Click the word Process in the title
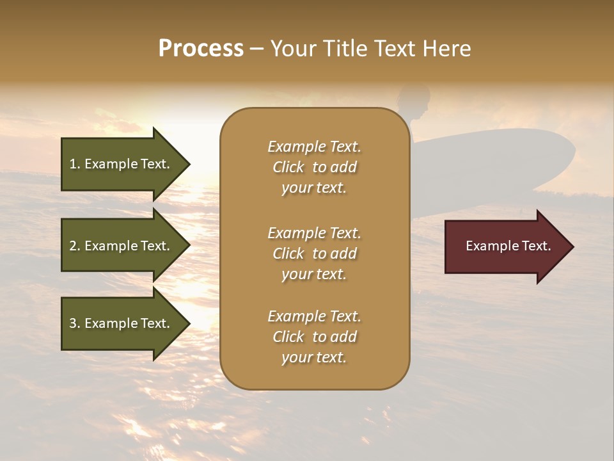(201, 49)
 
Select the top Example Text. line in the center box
(314, 147)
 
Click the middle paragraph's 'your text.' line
(314, 274)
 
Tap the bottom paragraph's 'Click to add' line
(314, 337)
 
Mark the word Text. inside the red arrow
(535, 246)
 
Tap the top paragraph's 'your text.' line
(314, 188)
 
